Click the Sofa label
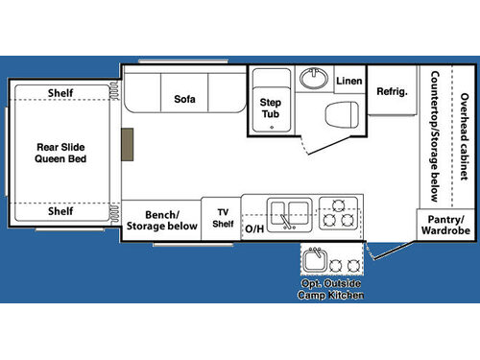click(x=185, y=99)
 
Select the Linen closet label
click(x=349, y=81)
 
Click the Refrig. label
click(x=392, y=92)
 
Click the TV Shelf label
click(x=223, y=218)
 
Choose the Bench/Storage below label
click(x=162, y=220)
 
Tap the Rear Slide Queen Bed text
click(x=61, y=153)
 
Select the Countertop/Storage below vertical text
click(x=435, y=136)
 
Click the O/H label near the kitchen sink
click(x=254, y=228)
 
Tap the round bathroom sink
click(x=311, y=77)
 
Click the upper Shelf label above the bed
click(x=60, y=93)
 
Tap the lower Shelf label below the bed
click(x=60, y=211)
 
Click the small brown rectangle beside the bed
click(x=128, y=145)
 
